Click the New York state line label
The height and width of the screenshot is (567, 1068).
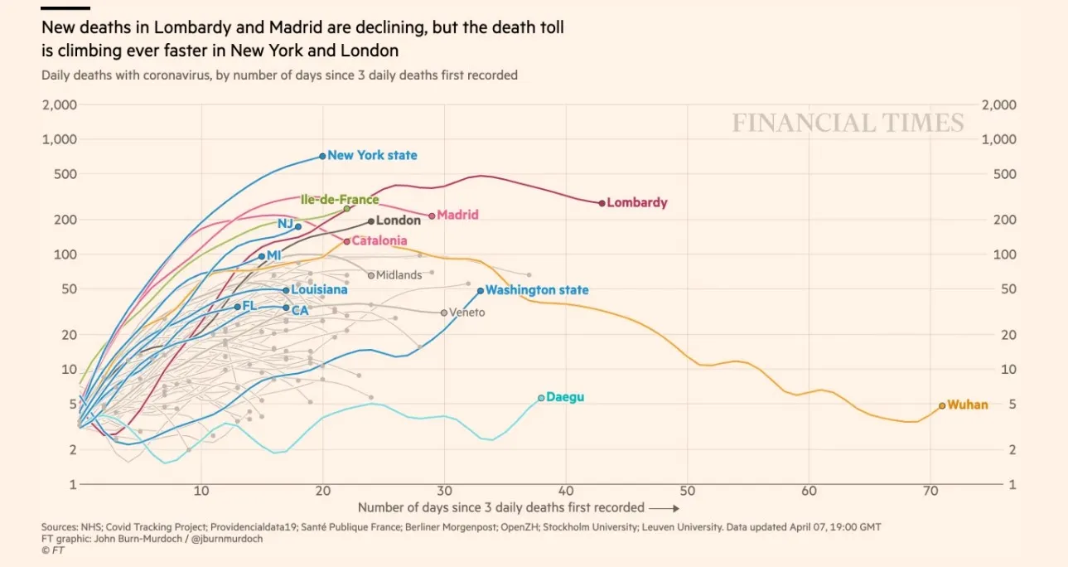[x=372, y=155]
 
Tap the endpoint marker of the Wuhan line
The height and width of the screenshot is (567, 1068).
[x=942, y=405]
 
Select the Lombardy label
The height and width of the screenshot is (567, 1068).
[x=636, y=202]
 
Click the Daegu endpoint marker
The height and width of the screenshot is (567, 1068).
[x=541, y=398]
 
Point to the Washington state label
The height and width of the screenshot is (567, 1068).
[x=537, y=290]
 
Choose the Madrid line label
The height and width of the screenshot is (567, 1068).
[x=457, y=215]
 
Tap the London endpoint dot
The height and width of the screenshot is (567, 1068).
[x=371, y=221]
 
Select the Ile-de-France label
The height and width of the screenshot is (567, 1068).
[x=339, y=199]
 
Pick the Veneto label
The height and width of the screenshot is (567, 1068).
[x=467, y=313]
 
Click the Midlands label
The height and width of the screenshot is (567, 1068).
[x=399, y=275]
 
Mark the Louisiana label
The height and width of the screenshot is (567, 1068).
[x=319, y=290]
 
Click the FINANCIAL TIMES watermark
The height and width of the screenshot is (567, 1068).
[x=848, y=124]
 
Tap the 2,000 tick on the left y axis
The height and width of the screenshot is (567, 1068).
[x=60, y=105]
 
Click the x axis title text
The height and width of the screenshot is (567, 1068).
[x=501, y=507]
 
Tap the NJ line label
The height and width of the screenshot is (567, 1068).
[x=285, y=224]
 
